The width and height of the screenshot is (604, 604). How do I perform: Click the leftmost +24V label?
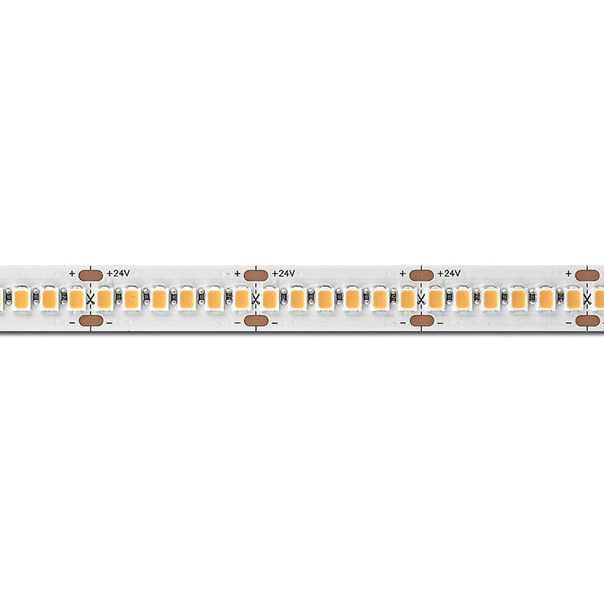[x=118, y=273]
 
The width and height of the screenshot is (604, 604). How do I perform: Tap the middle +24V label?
[x=284, y=273]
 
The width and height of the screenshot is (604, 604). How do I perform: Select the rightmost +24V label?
[x=449, y=273]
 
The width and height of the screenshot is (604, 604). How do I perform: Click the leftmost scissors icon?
[x=91, y=299]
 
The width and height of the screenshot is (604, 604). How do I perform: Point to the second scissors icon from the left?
[x=256, y=299]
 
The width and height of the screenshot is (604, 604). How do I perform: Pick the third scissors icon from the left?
[x=421, y=299]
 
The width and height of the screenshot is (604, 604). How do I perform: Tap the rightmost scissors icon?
[x=587, y=299]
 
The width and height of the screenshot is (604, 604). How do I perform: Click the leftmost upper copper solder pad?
[x=91, y=276]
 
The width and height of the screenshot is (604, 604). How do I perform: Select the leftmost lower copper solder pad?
[x=91, y=320]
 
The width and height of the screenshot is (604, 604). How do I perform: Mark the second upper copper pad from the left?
[x=256, y=276]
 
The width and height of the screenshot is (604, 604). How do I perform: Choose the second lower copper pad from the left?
[x=256, y=320]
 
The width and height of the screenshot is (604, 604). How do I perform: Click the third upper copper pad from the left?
[x=421, y=276]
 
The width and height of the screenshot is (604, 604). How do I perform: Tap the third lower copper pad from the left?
[x=421, y=320]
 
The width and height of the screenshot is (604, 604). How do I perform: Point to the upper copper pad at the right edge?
[x=587, y=276]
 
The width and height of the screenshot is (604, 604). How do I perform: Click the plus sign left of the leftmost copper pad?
[x=72, y=273]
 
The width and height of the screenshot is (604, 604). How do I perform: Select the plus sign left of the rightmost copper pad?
[x=569, y=273]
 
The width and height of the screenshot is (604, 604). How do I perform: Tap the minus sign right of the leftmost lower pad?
[x=110, y=322]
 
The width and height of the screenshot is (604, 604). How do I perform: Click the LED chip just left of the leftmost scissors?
[x=77, y=299]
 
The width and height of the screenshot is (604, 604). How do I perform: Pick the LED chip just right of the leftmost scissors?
[x=105, y=299]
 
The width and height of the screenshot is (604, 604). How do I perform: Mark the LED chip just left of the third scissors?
[x=407, y=299]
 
